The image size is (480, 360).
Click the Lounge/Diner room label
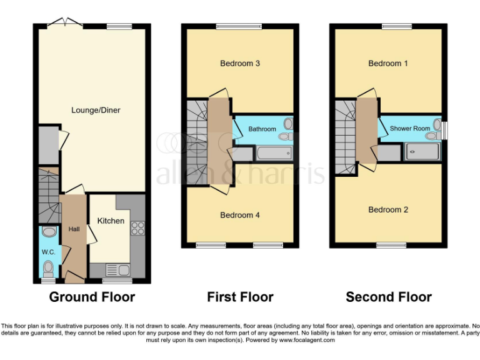[95, 111]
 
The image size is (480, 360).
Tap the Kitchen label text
[110, 221]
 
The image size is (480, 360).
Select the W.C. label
[48, 252]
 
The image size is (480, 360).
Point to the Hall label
[74, 229]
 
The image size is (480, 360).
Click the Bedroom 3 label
[240, 64]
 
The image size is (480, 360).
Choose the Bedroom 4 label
[240, 216]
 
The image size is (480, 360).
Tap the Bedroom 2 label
[388, 210]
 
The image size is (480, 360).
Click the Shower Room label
[410, 129]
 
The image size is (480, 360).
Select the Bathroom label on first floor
[262, 129]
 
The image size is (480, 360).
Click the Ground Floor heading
[92, 297]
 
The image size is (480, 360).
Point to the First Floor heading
[240, 297]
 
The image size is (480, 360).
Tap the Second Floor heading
[389, 297]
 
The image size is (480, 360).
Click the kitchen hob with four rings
[137, 229]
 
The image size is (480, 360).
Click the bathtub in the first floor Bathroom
[272, 153]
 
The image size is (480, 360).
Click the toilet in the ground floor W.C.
[48, 268]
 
